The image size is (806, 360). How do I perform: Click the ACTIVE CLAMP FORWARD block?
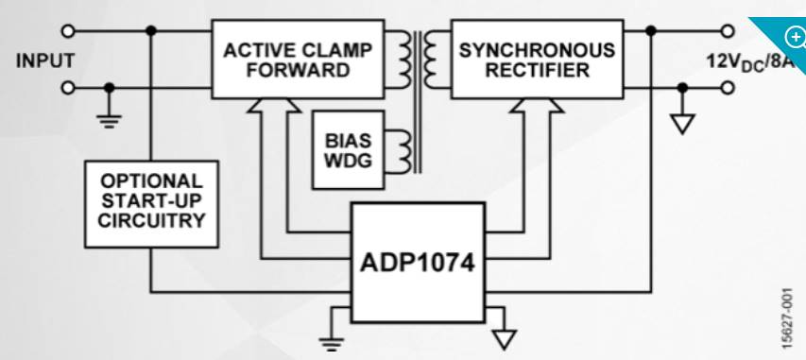(298, 60)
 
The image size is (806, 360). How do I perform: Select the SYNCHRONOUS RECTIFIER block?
(537, 60)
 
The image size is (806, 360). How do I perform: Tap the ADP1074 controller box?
(418, 263)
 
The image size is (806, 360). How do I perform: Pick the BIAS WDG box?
(348, 149)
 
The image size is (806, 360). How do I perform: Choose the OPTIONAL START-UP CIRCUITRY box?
(151, 204)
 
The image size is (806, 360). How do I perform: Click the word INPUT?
(45, 60)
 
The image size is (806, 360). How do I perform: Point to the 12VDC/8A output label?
(750, 62)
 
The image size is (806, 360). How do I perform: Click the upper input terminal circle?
(68, 31)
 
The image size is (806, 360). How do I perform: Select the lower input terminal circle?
(68, 88)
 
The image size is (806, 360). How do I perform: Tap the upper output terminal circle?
(728, 31)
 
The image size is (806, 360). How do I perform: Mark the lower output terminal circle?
(728, 88)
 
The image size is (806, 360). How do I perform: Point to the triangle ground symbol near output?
(682, 124)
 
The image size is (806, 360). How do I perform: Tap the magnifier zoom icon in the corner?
(795, 37)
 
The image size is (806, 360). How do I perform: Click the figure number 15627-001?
(792, 318)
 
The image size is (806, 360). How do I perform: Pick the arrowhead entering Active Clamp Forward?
(274, 105)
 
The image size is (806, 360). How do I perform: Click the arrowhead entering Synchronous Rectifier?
(537, 105)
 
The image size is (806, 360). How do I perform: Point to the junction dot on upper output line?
(651, 31)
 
